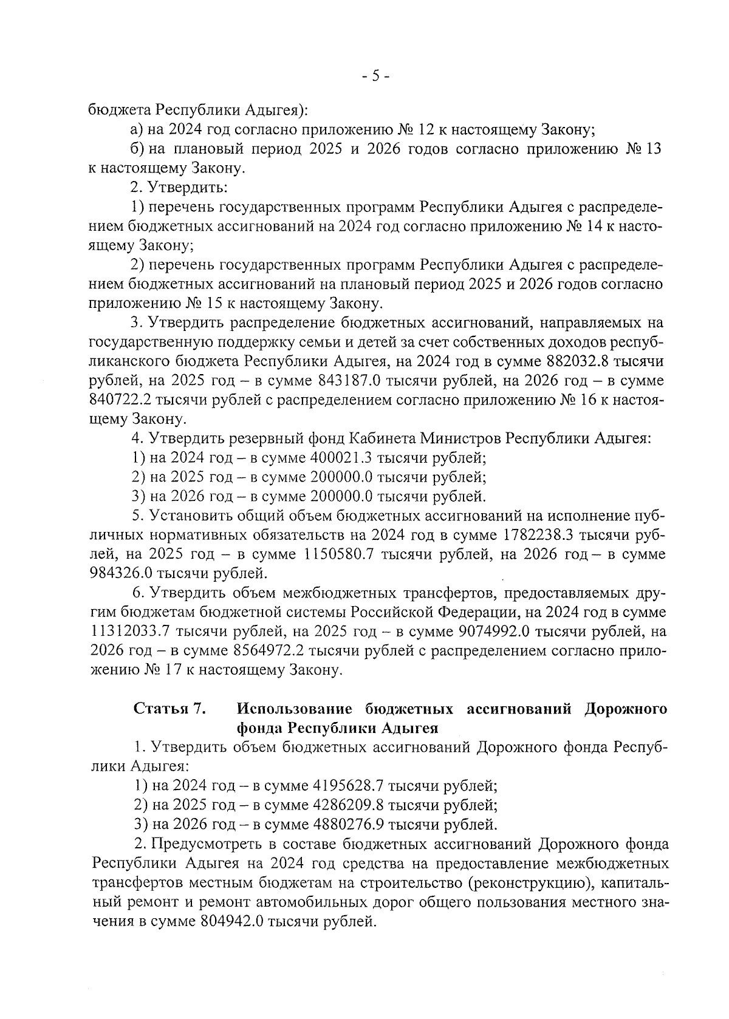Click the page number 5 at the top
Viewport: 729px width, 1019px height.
point(375,76)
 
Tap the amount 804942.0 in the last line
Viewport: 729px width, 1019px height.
point(230,921)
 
